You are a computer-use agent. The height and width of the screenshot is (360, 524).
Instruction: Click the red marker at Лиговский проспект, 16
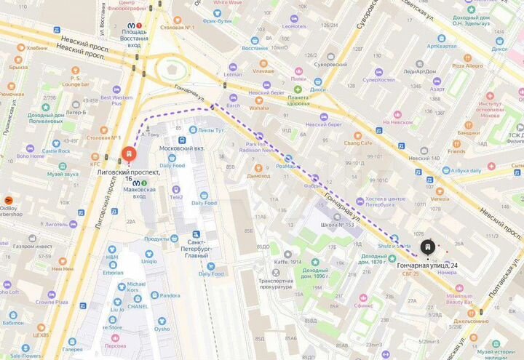tap(128, 155)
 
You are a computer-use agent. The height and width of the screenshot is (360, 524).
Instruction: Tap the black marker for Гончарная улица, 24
tap(428, 248)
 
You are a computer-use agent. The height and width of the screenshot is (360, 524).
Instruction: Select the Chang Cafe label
tap(357, 143)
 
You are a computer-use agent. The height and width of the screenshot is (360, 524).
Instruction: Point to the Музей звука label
tap(63, 175)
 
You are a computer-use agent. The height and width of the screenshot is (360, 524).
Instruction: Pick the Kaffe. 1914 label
tap(287, 263)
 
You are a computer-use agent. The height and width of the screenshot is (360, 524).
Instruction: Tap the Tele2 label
tap(176, 197)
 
